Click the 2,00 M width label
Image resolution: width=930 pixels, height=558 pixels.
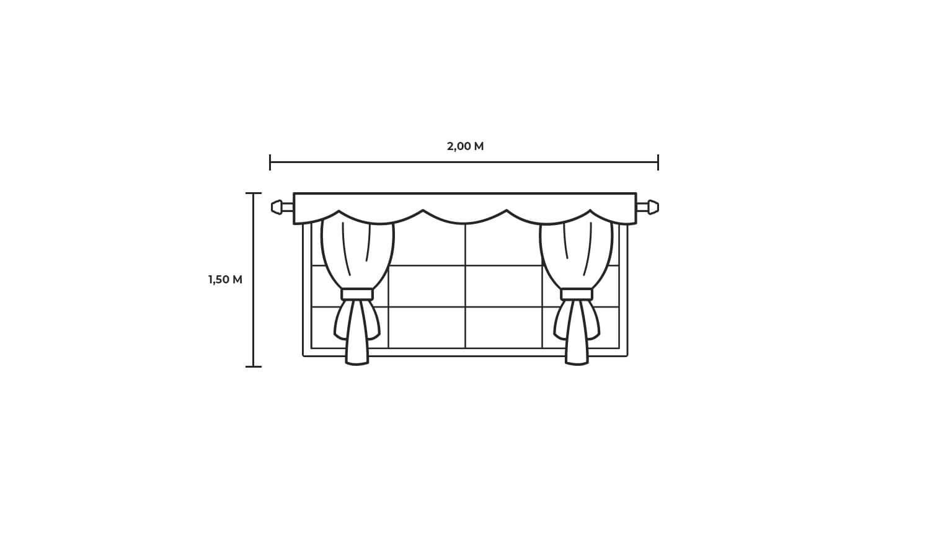coord(465,146)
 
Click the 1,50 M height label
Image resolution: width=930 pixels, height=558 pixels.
coord(226,280)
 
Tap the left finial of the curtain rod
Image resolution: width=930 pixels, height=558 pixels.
coord(277,207)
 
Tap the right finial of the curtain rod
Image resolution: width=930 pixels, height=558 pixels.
coord(653,207)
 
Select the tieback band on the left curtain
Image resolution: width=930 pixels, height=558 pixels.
coord(357,294)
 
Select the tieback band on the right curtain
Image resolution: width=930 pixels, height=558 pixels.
coord(576,294)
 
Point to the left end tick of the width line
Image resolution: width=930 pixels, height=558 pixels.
coord(270,162)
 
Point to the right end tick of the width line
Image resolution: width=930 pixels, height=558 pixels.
coord(658,162)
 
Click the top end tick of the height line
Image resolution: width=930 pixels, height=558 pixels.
coord(253,193)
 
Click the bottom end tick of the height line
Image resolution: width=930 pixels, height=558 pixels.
coord(253,366)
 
